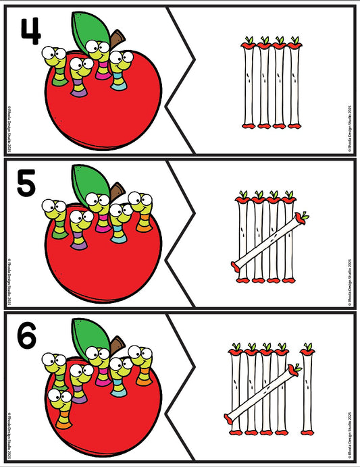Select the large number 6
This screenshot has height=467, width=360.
(26, 337)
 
